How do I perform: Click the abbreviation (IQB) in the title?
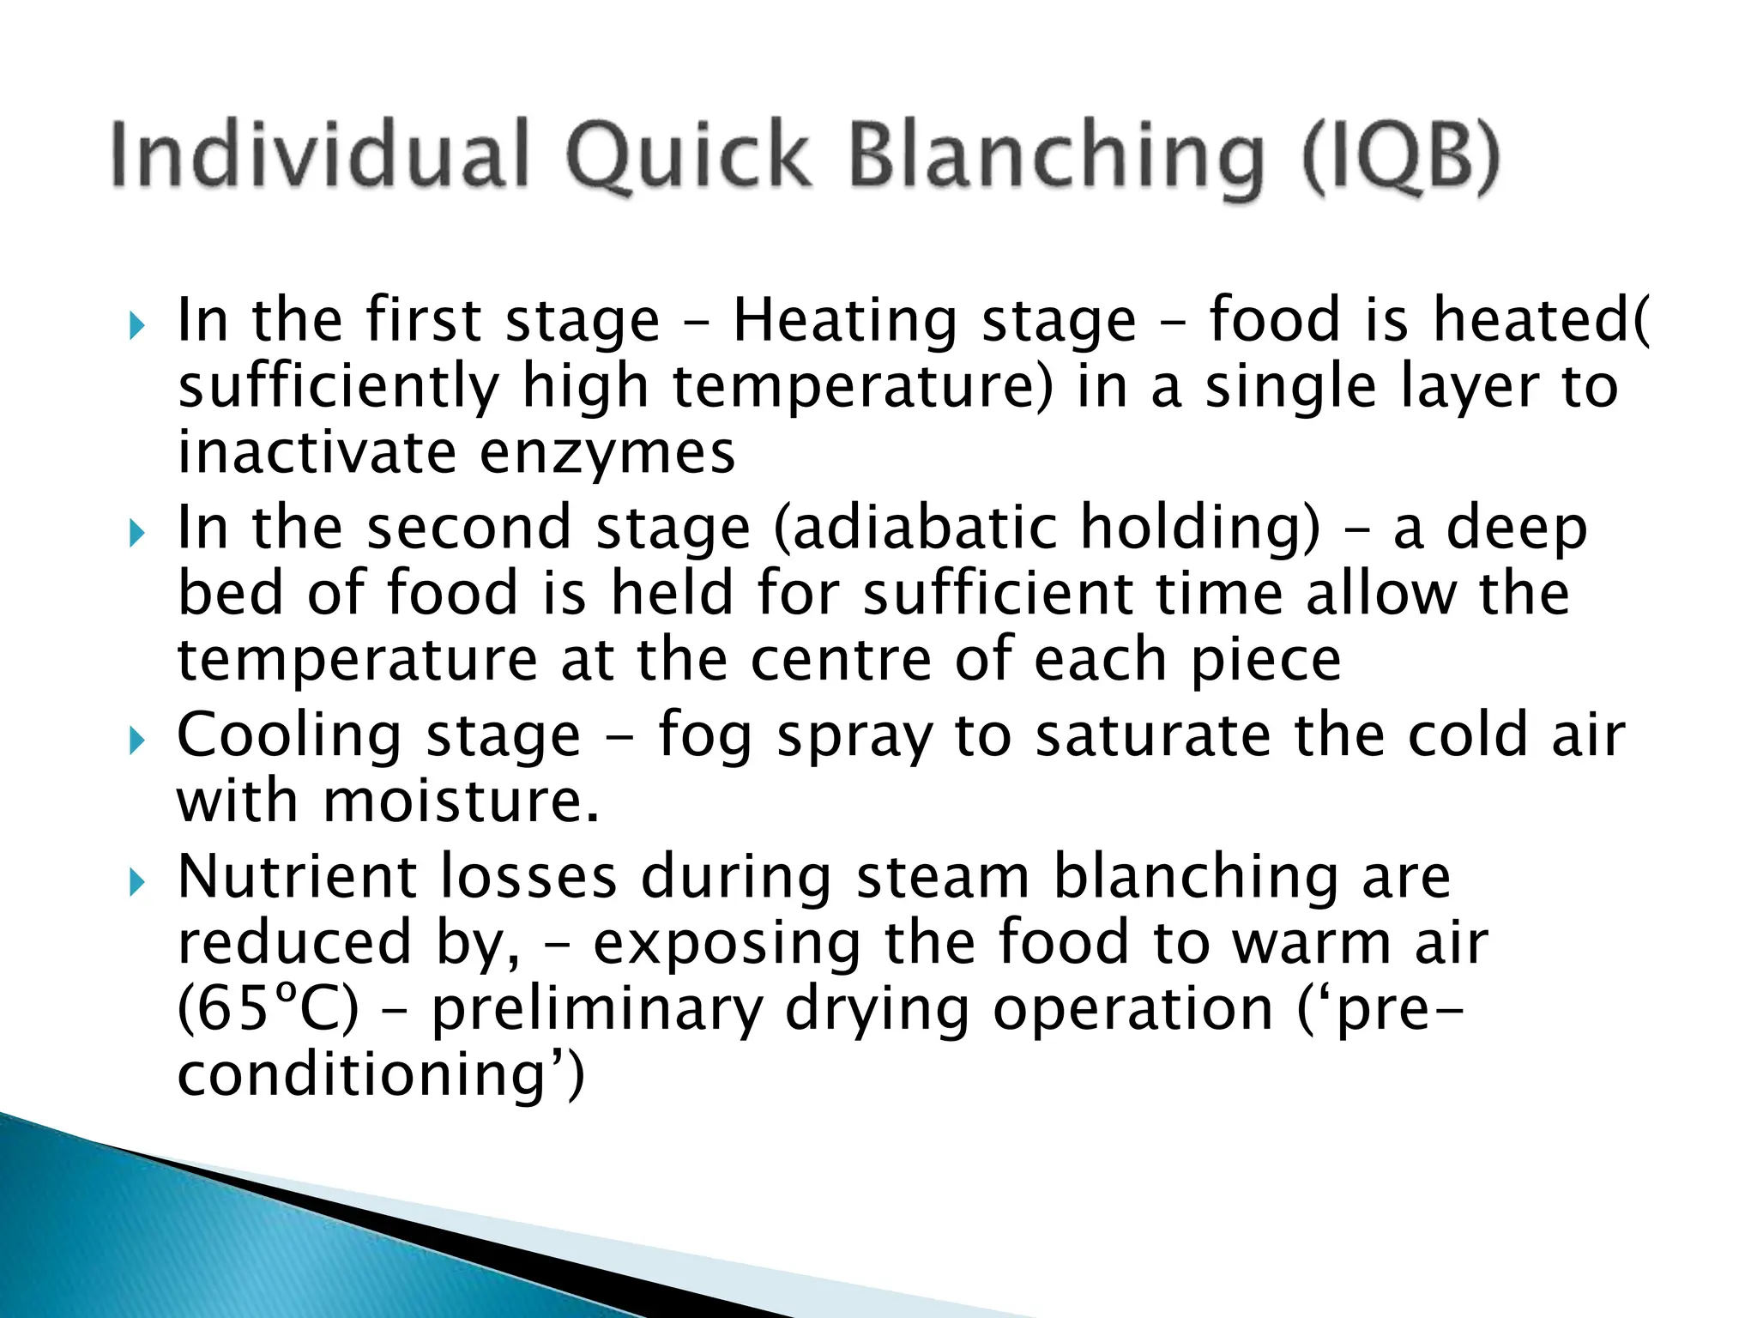point(1400,156)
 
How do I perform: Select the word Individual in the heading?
point(319,156)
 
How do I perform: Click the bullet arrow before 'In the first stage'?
point(137,326)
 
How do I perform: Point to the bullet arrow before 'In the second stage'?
point(137,534)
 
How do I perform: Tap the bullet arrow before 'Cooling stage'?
point(137,741)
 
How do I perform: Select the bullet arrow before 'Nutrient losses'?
point(137,882)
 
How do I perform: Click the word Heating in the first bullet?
point(844,322)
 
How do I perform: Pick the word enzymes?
point(607,453)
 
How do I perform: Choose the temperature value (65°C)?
point(268,1009)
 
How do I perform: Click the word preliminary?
point(596,1011)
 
